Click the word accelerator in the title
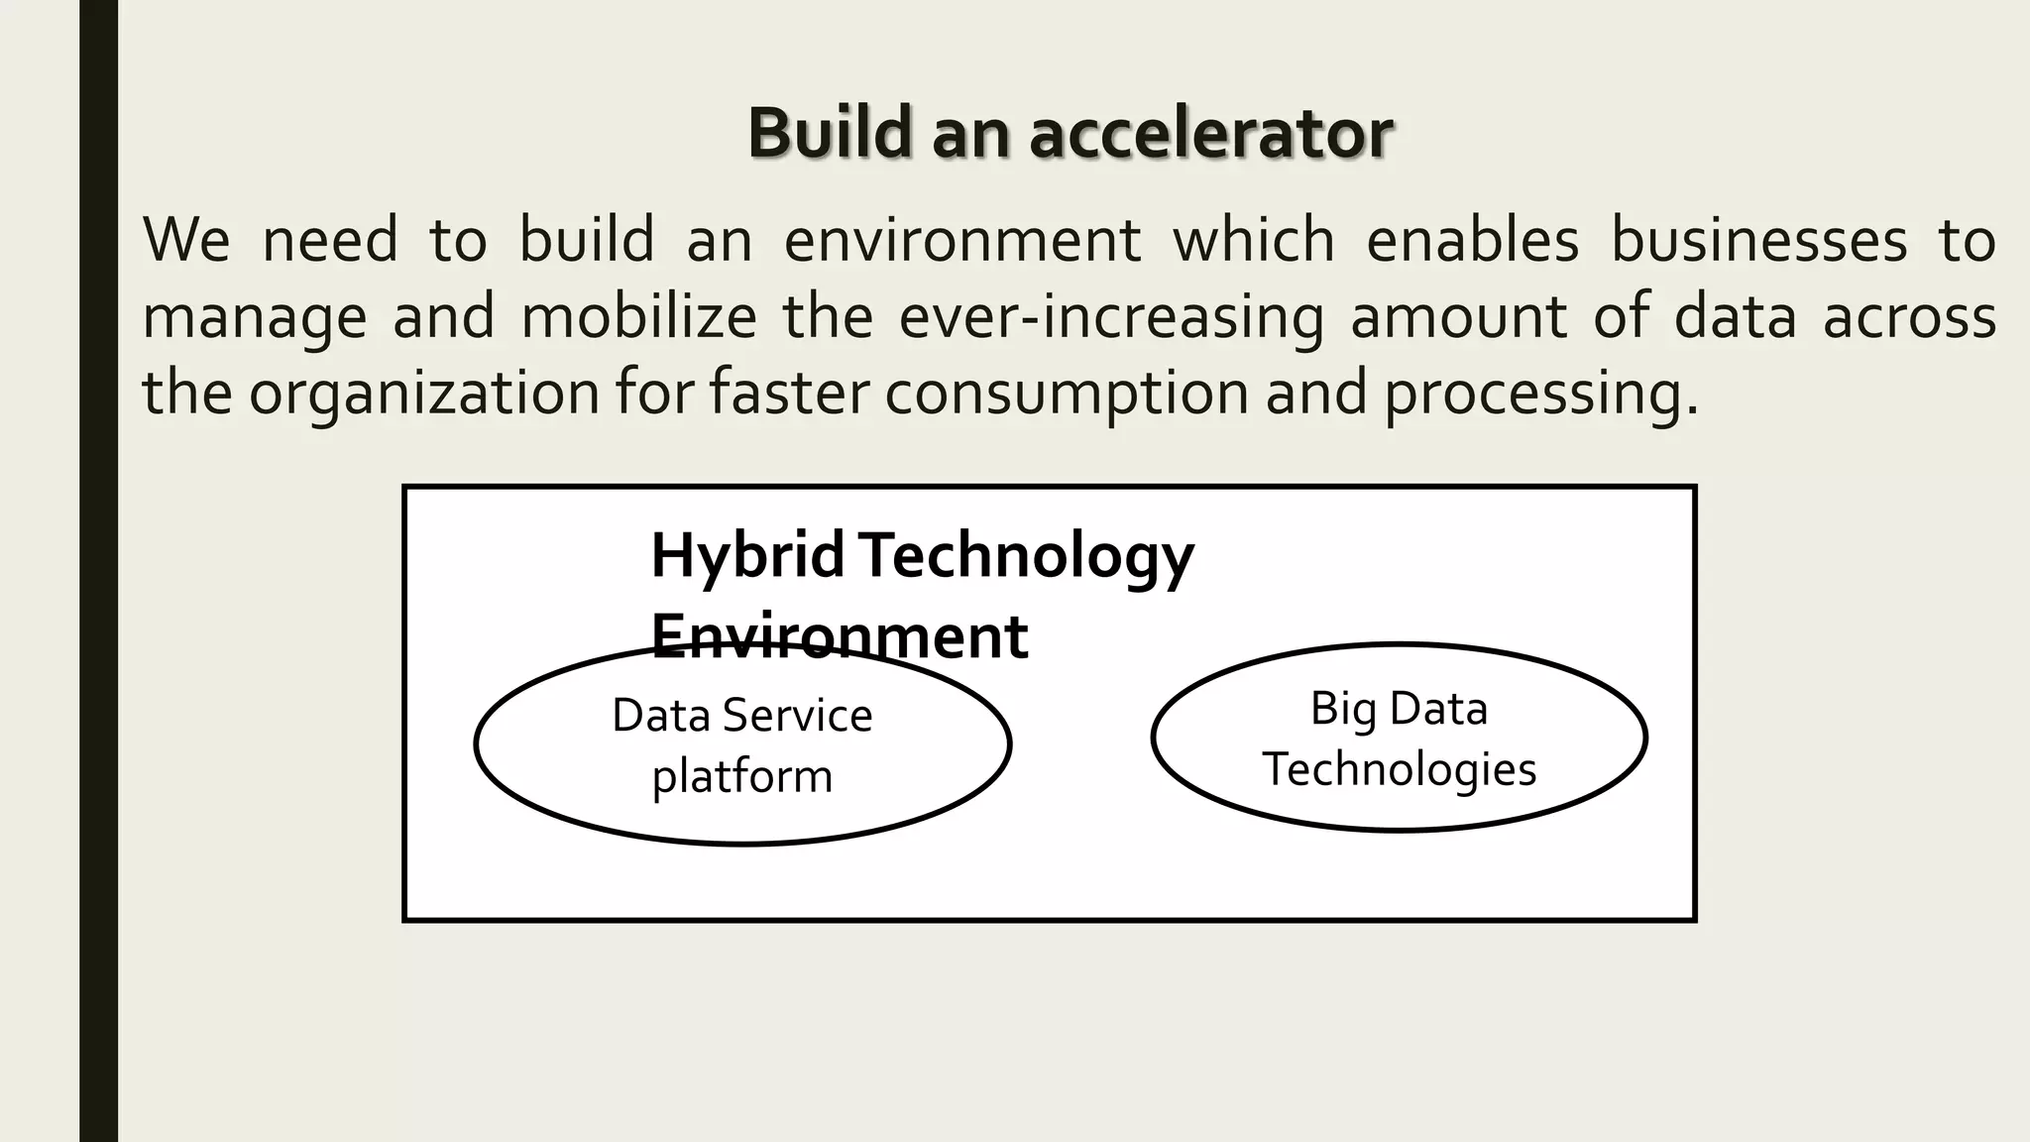tap(1211, 134)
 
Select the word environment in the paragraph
tap(962, 241)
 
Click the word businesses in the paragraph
tap(1757, 241)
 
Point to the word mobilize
tap(639, 317)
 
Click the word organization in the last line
tap(424, 394)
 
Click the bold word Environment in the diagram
tap(839, 636)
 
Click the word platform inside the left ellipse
tap(741, 776)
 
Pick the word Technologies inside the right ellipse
tap(1399, 769)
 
